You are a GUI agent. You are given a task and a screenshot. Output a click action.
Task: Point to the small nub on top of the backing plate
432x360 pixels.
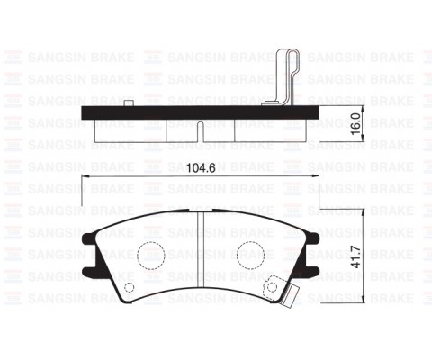(132, 103)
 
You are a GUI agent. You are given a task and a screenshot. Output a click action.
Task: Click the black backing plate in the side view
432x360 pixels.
(197, 113)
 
